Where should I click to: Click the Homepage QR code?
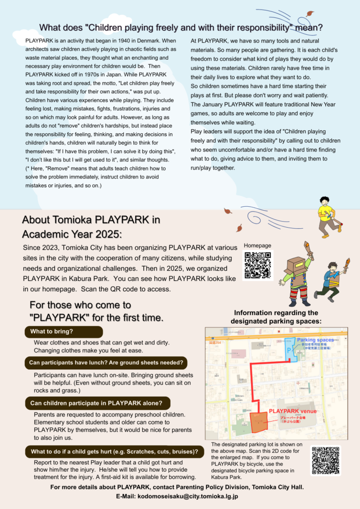(x=258, y=265)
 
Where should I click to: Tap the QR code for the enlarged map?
(x=326, y=461)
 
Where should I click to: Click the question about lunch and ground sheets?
(x=106, y=362)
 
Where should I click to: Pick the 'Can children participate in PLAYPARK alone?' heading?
(x=97, y=403)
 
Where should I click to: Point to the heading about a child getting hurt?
(x=114, y=452)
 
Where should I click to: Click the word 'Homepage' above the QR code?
(x=258, y=246)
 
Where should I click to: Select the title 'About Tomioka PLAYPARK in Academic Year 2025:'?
(x=91, y=226)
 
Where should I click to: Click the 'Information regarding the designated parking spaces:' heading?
(x=276, y=317)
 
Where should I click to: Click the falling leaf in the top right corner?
(x=310, y=14)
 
